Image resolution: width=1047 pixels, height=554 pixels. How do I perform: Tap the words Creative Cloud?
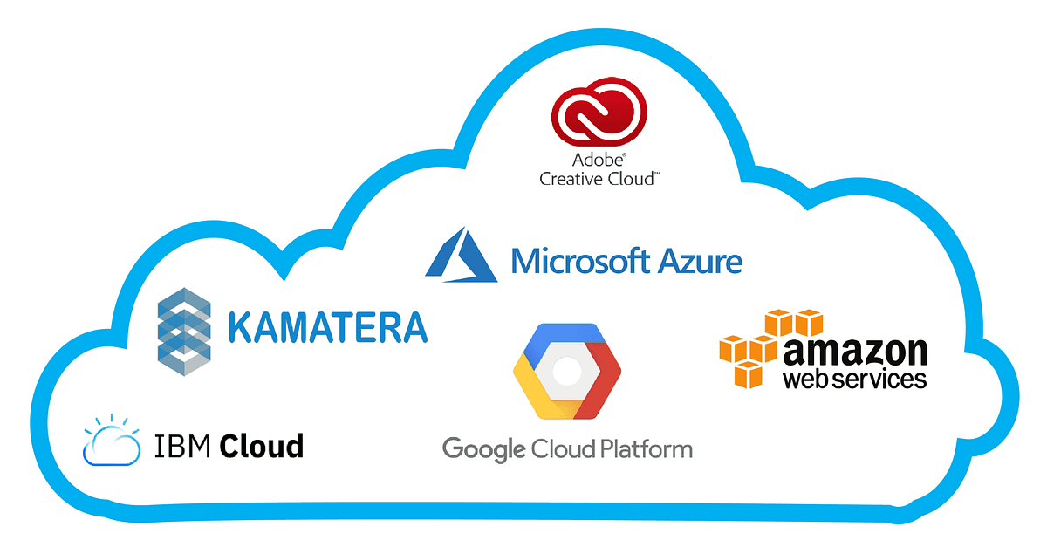tap(599, 179)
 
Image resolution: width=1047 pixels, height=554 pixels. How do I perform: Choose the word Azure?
tap(697, 260)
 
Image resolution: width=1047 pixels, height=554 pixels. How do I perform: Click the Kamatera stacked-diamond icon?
tap(184, 330)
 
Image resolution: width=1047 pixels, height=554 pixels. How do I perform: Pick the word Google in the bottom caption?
tap(484, 450)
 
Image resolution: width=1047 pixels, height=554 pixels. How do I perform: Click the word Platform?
tap(647, 450)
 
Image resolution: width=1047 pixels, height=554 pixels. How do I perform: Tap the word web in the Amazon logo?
tap(804, 380)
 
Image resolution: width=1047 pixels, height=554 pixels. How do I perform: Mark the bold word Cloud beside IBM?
tap(261, 446)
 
